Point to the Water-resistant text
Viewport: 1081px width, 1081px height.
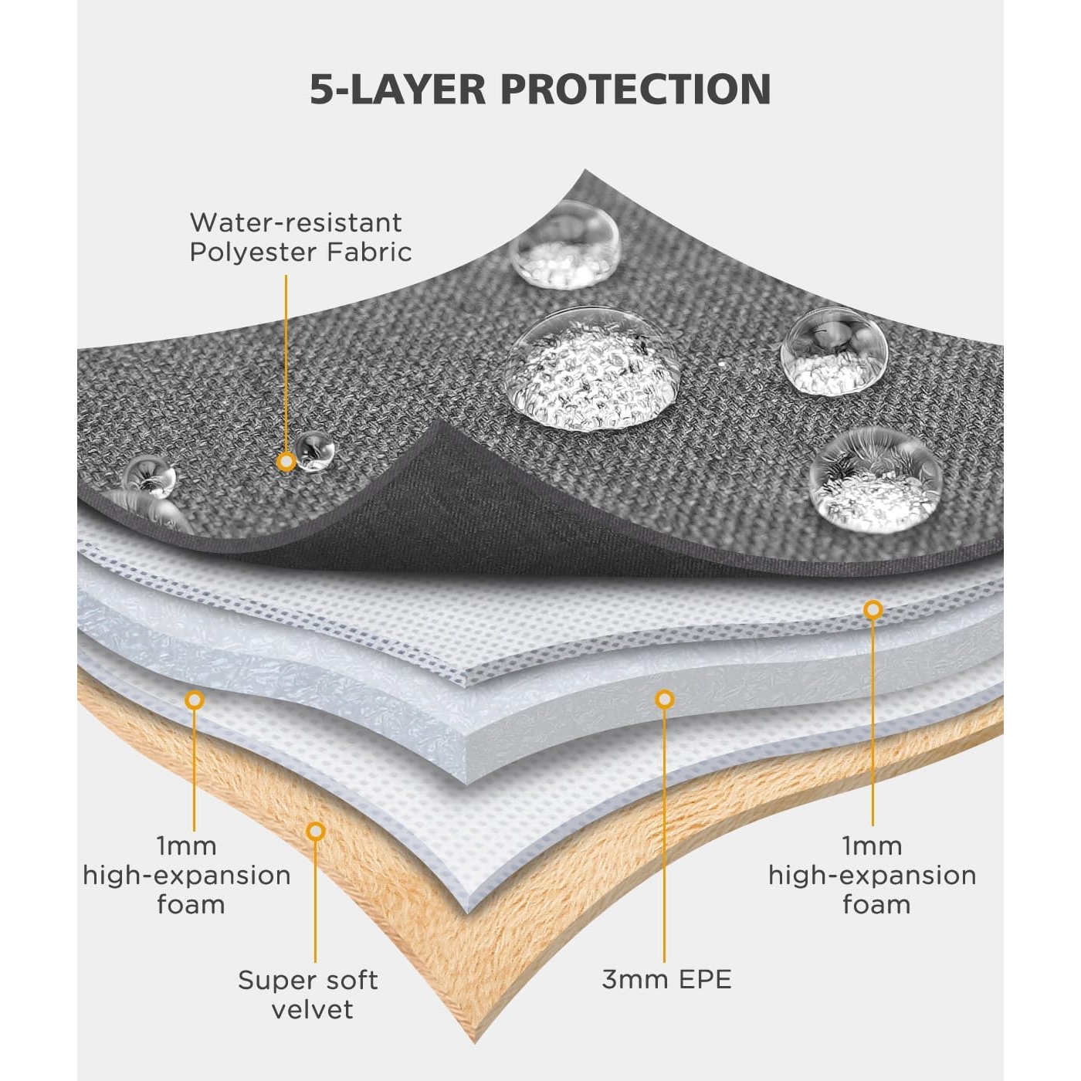[296, 222]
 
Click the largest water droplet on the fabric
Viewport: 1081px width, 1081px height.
[593, 368]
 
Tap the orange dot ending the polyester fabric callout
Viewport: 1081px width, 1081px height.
[286, 462]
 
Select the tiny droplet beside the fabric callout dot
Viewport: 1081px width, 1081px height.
[314, 450]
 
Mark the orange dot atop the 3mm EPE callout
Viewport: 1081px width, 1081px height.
[664, 700]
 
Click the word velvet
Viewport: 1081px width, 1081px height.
[312, 1009]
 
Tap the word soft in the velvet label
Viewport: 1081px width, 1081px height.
[347, 980]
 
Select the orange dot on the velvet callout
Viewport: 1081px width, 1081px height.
[315, 832]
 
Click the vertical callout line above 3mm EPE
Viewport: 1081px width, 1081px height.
[664, 834]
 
